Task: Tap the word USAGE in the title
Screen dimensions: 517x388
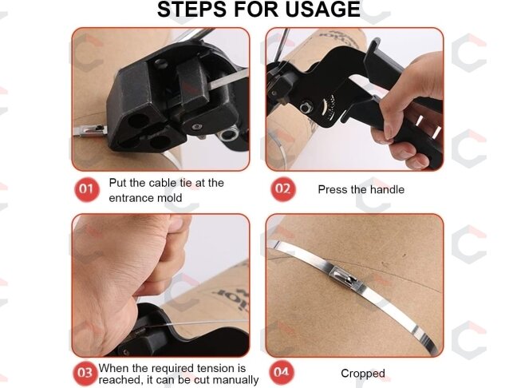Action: (323, 9)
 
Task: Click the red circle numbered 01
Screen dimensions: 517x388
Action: (86, 189)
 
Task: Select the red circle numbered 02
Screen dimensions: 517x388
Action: (283, 189)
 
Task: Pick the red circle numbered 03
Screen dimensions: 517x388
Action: (85, 373)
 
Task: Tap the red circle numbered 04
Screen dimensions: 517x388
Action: (282, 373)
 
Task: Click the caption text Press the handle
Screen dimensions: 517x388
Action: (361, 189)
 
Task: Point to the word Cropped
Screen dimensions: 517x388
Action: (363, 373)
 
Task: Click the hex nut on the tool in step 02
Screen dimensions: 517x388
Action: (306, 108)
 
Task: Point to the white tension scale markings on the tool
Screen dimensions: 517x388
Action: (327, 107)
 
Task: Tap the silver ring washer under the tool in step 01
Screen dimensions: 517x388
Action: (228, 134)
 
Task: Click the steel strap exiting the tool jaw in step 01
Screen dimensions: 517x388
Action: (228, 79)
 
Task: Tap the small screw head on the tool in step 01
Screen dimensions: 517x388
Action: (197, 127)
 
